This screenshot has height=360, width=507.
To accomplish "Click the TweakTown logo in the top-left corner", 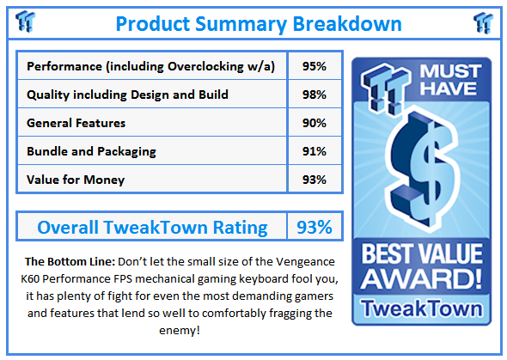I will tap(27, 21).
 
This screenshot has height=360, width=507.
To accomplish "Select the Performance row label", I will tap(151, 67).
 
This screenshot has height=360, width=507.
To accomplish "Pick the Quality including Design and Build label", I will tap(127, 95).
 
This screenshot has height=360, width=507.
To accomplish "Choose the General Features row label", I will tap(76, 123).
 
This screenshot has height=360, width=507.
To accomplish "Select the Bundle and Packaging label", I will tap(92, 151).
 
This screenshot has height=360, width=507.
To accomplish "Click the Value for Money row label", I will tap(76, 179).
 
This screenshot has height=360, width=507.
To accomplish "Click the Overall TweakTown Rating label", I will tap(152, 227).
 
